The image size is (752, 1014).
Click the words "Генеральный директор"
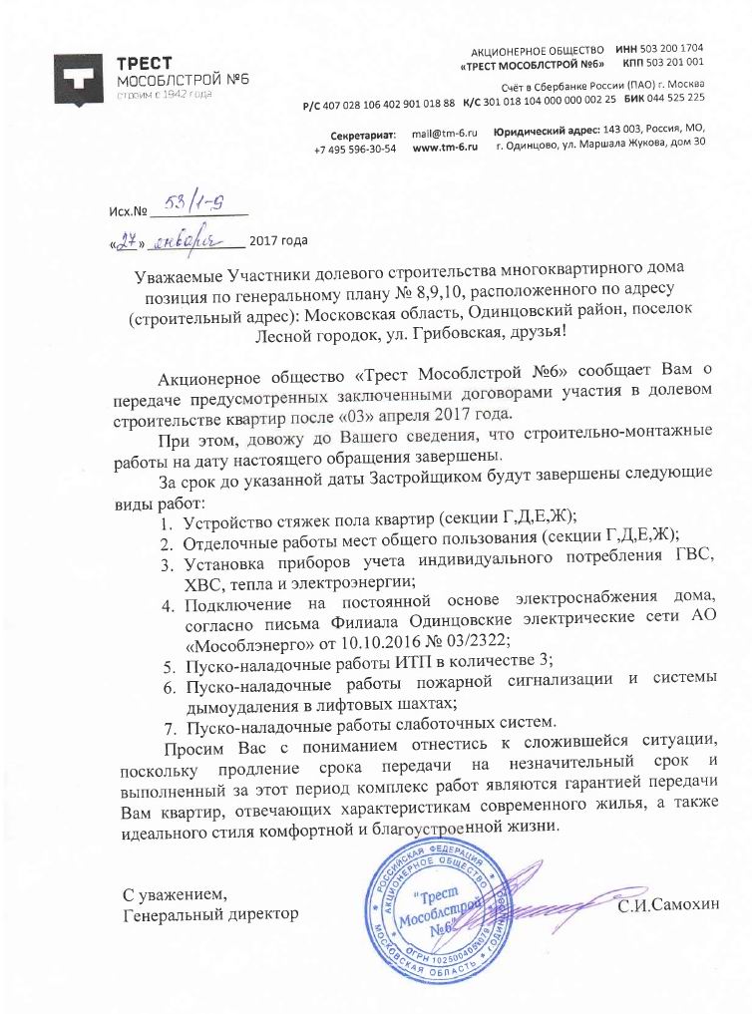tap(209, 913)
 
